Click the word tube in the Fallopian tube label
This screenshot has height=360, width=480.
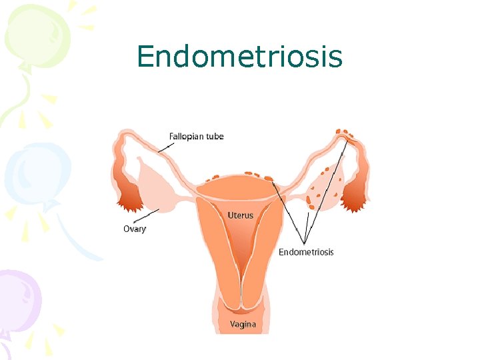[x=215, y=137]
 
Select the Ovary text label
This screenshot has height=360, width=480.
[x=135, y=229]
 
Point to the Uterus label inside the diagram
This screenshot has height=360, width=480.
[x=240, y=215]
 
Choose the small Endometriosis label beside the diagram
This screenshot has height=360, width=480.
[x=306, y=252]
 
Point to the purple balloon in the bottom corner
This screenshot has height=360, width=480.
[x=17, y=300]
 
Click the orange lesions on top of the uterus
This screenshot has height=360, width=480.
[x=240, y=177]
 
